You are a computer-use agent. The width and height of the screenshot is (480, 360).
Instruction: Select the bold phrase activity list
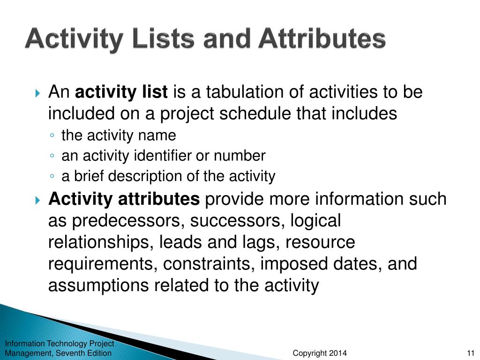coord(121,92)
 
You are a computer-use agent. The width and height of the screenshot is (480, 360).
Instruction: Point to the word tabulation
coord(237,92)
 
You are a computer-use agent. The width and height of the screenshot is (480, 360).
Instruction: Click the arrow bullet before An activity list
coord(38,93)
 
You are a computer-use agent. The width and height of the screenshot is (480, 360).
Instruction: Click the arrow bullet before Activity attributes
coord(38,200)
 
